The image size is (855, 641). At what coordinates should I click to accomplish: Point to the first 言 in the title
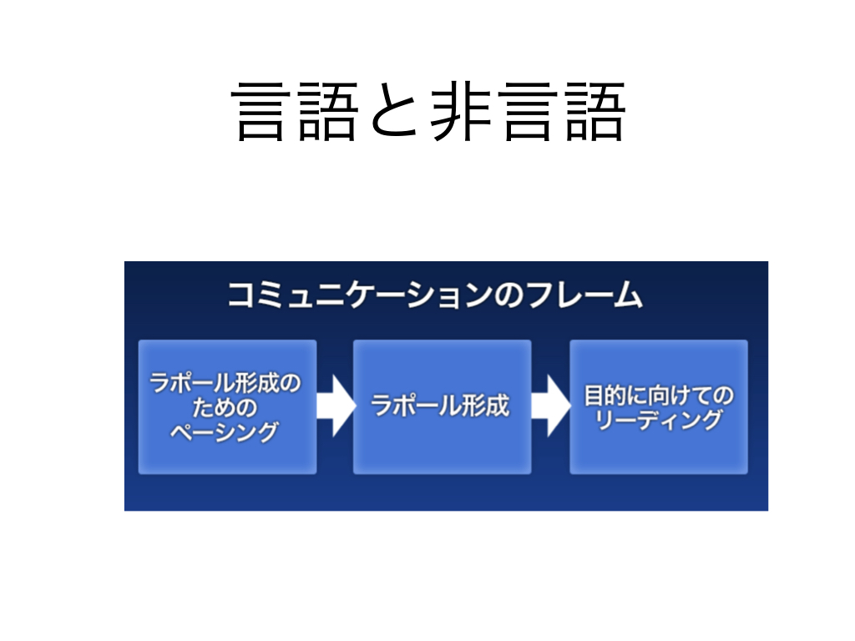261,112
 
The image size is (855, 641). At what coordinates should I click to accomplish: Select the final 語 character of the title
594,112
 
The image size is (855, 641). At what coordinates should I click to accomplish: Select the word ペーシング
225,432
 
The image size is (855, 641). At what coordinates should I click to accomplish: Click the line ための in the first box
225,407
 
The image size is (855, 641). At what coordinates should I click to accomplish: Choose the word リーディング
659,420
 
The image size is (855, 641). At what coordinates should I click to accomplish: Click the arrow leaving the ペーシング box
336,406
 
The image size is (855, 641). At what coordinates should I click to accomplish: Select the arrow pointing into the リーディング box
551,406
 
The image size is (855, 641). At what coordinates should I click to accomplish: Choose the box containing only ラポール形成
443,406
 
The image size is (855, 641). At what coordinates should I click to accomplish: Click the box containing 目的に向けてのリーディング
659,406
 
